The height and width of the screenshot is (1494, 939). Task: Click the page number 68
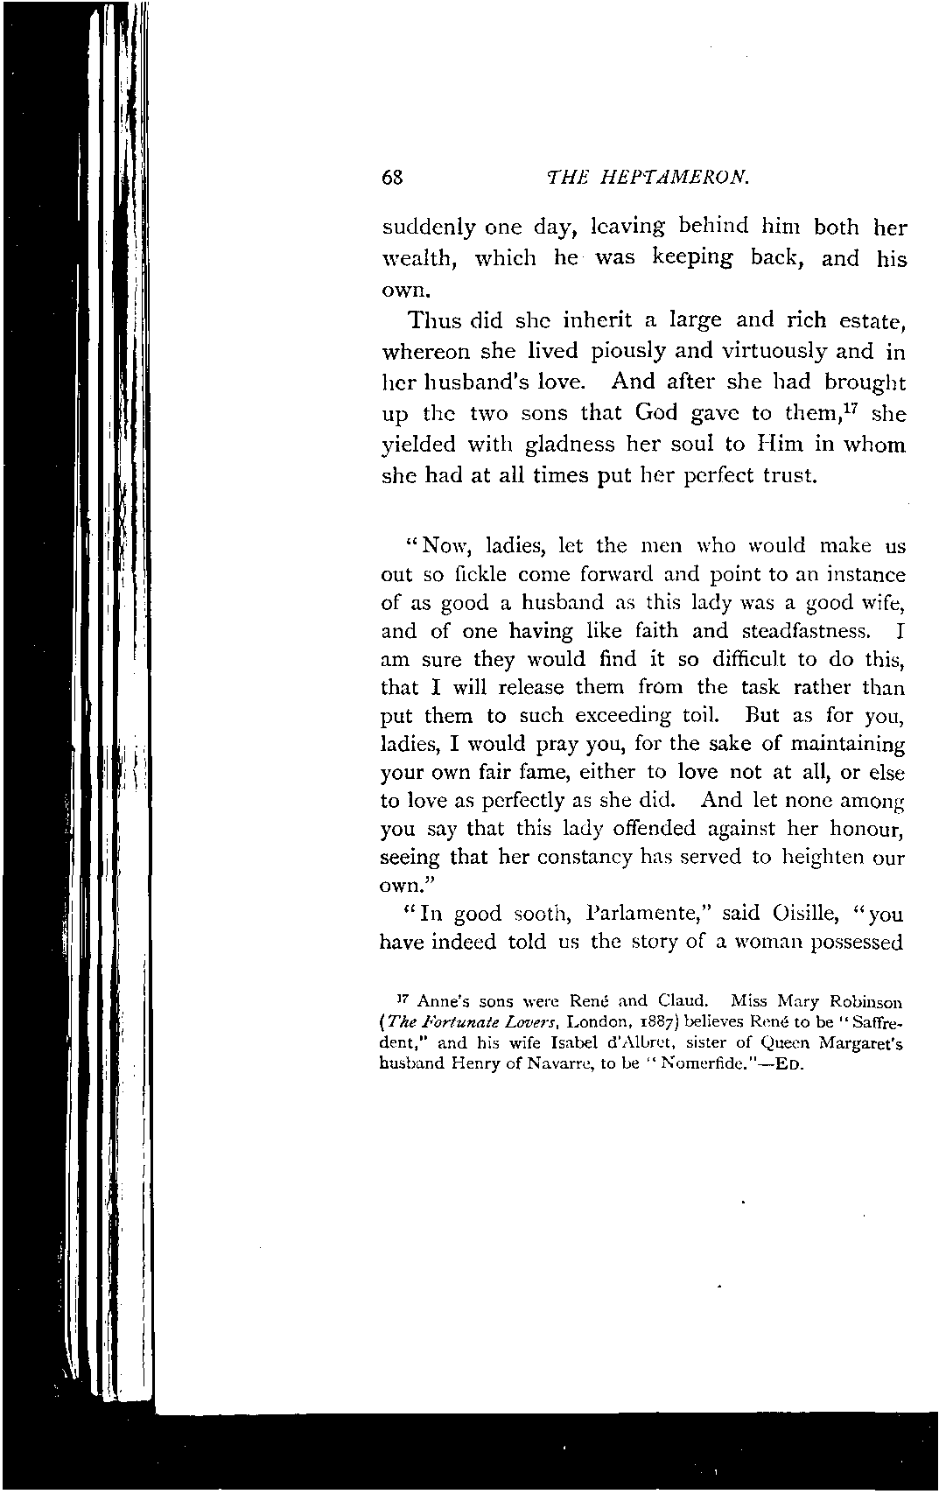(391, 177)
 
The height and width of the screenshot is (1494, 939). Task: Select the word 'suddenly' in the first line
(429, 228)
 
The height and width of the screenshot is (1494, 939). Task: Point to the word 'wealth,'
(416, 259)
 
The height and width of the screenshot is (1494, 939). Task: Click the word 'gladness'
(571, 445)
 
